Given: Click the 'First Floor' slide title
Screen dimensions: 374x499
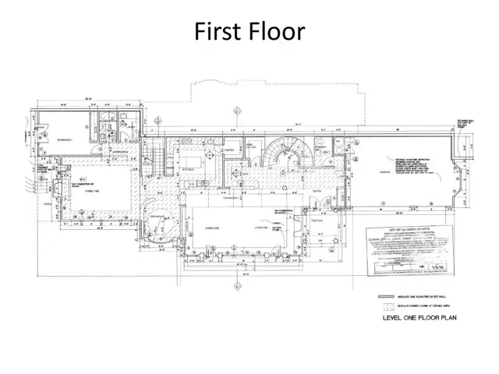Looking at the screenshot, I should pos(249,32).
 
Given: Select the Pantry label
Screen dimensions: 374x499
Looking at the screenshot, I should pos(231,149).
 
